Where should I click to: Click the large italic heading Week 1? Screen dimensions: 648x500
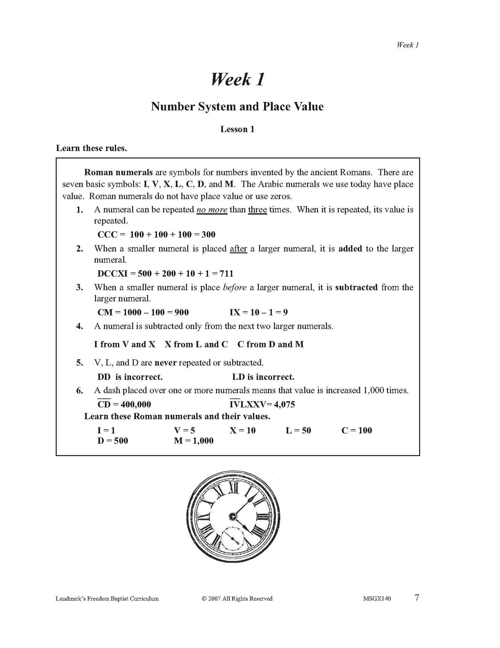(238, 79)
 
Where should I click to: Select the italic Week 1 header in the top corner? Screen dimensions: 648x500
(408, 45)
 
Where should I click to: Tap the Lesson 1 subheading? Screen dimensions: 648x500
(237, 129)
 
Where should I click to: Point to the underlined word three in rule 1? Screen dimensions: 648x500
(257, 209)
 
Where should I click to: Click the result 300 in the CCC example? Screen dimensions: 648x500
(208, 235)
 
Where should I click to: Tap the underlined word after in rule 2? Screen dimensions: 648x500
(238, 248)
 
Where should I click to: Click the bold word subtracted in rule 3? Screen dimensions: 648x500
(356, 287)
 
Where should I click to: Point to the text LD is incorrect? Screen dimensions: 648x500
(263, 377)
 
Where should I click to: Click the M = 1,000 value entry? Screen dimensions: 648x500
(194, 441)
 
